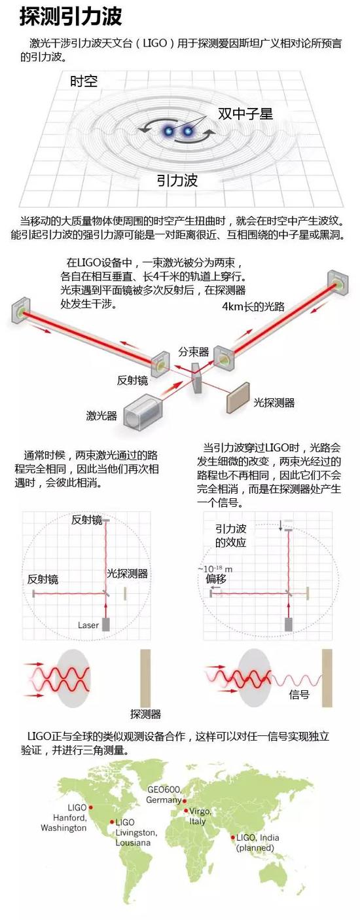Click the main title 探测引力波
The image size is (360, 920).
tap(71, 16)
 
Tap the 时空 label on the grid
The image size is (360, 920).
tap(84, 81)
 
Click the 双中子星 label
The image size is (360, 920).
tap(245, 114)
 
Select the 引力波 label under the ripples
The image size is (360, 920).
tap(177, 180)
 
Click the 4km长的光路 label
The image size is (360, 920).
tap(253, 306)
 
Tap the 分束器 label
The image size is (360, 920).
tap(194, 352)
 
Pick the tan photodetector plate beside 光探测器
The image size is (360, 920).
tap(238, 396)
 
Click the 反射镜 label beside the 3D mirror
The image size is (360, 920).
tap(132, 380)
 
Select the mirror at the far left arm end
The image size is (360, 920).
tap(20, 310)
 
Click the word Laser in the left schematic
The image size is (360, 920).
tap(88, 625)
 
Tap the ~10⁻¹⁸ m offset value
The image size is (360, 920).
tap(215, 569)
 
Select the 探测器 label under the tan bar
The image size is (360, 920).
tap(145, 714)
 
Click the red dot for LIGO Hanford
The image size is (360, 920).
tap(91, 807)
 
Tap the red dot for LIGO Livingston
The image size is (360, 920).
tap(112, 822)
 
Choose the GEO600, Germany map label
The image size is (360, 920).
tap(164, 795)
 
